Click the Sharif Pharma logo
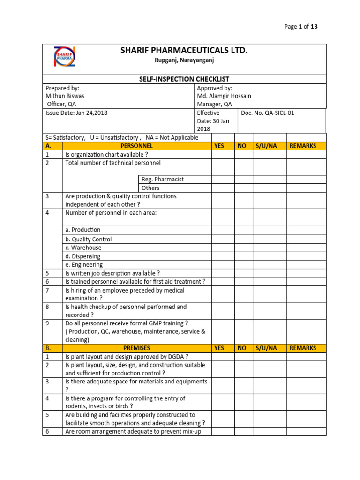[x=64, y=58]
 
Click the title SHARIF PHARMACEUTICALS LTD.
[x=184, y=51]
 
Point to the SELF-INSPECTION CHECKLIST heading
[x=184, y=79]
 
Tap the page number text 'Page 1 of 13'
[x=301, y=27]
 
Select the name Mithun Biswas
[x=65, y=96]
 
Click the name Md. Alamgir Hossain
[x=224, y=96]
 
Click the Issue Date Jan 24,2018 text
[x=73, y=113]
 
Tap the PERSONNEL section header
[x=136, y=146]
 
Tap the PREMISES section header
[x=136, y=348]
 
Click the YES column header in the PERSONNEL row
[x=219, y=146]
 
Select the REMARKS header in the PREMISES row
[x=303, y=348]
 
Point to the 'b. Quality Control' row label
[x=89, y=239]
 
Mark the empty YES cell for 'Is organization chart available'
[x=223, y=155]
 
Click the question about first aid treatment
[x=135, y=282]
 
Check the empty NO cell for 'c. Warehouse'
[x=244, y=247]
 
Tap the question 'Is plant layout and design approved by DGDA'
[x=127, y=357]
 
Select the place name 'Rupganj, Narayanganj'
[x=184, y=60]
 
